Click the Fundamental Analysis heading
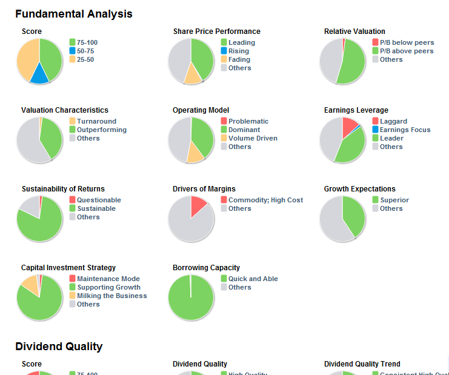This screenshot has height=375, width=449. (x=73, y=14)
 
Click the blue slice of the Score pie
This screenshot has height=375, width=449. (x=40, y=74)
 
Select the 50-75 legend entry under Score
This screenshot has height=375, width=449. (x=85, y=51)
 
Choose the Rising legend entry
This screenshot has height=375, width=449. (x=238, y=51)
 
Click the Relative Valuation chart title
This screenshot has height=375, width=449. (x=354, y=32)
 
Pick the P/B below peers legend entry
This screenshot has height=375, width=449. (x=407, y=42)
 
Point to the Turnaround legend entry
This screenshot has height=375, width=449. (x=96, y=121)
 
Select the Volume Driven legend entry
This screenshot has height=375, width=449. (x=253, y=138)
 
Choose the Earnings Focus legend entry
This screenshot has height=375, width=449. (x=405, y=130)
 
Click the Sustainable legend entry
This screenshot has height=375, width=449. (x=96, y=208)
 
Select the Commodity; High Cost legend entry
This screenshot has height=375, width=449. (x=265, y=200)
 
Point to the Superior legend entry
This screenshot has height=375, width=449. (x=394, y=200)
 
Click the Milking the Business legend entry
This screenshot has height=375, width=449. (x=111, y=296)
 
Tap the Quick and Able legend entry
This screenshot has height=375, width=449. (x=253, y=279)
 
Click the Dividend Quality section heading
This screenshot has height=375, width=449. (x=59, y=347)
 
